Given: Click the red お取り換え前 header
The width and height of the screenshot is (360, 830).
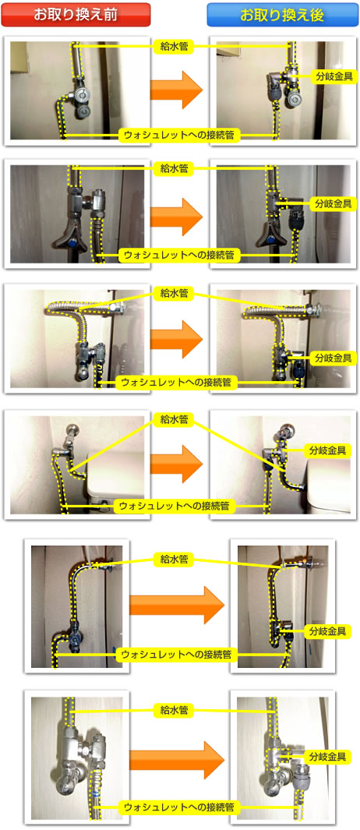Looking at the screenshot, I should [76, 15].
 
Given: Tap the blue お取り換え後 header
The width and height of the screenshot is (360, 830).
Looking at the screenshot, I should [282, 15].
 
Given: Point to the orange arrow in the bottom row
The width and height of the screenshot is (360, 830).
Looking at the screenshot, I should [176, 759].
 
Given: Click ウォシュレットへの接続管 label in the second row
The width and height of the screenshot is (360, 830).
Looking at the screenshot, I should [179, 254].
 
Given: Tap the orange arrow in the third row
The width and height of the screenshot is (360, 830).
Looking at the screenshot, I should [176, 340].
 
